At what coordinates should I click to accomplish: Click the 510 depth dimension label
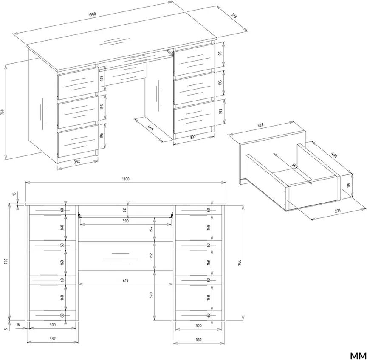coord(234,16)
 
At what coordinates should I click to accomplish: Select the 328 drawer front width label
coord(260,125)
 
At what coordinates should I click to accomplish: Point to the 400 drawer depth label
coord(334,155)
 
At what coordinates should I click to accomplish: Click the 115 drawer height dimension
coord(349,186)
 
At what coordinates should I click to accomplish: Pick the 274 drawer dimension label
coord(338,211)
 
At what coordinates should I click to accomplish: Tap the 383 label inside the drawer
coord(295,166)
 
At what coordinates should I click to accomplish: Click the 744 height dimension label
coord(239,263)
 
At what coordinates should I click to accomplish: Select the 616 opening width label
coord(125,281)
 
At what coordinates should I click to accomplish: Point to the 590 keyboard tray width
coord(126,221)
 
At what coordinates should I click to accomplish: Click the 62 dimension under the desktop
coord(125,210)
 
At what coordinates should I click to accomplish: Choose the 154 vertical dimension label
coord(151,229)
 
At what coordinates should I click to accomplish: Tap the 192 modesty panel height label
coord(151,256)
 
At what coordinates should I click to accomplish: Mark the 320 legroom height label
coord(151,295)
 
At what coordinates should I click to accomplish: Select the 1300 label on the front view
coord(125,179)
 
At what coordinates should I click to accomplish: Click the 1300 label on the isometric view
coord(92,14)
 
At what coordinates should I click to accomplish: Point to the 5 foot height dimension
coord(6,329)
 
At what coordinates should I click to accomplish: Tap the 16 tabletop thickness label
coord(14,194)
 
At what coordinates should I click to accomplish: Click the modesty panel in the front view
coord(125,256)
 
